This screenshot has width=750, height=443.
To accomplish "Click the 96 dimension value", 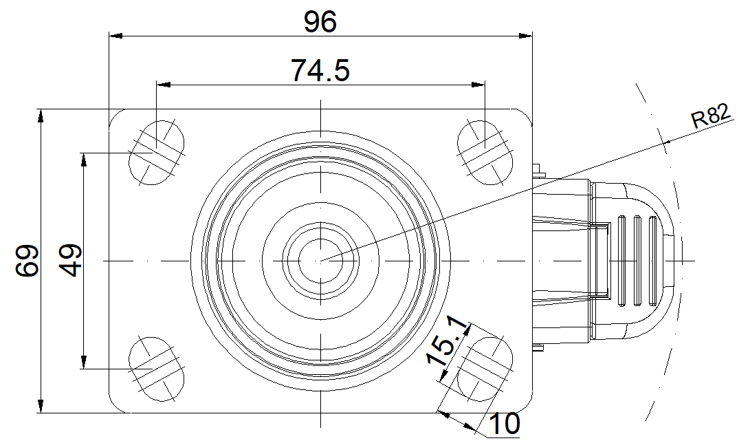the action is click(320, 22).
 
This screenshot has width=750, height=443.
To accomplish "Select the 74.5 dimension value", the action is click(320, 70).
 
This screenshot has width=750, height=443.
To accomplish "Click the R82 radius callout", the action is click(712, 116).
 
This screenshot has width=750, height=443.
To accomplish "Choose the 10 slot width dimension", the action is click(505, 423).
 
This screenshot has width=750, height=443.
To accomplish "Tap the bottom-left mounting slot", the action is click(157, 369).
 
